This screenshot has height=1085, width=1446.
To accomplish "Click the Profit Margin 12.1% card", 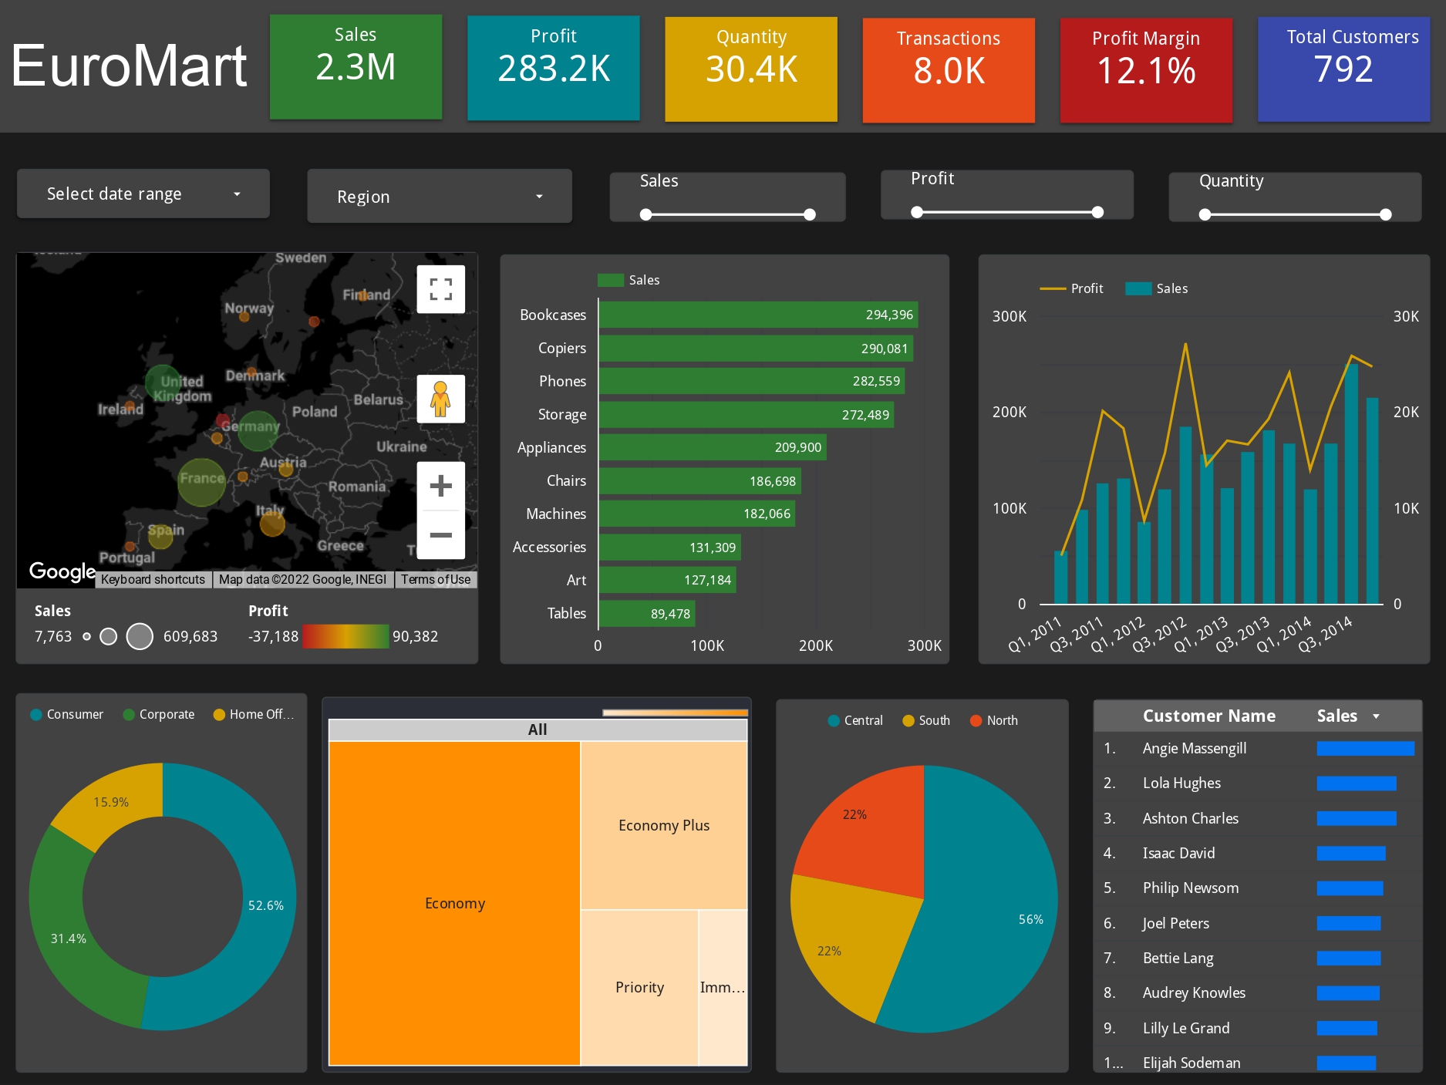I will tap(1146, 69).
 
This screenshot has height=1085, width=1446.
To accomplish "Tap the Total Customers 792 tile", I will tap(1343, 69).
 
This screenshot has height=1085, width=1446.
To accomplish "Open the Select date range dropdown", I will tap(143, 194).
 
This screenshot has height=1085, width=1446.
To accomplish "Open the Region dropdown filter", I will tap(440, 197).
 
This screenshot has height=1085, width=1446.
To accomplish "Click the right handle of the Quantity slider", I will tap(1385, 214).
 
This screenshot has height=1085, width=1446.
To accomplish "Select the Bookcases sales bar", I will tap(758, 315).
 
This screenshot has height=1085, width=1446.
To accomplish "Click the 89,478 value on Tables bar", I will tap(670, 614).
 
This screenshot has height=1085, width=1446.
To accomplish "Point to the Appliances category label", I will tap(551, 447).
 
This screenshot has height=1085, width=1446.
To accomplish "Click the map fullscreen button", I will tap(440, 289).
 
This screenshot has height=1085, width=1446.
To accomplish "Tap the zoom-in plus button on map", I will tap(440, 486).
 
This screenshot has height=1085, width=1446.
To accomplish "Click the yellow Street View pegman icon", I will tap(440, 399).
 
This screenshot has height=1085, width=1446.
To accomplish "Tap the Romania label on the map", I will tap(357, 487).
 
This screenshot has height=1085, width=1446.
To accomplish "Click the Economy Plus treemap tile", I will tap(663, 825).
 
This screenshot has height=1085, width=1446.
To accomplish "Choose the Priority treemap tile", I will tap(639, 987).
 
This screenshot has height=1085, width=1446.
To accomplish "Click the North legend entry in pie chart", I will tap(1001, 720).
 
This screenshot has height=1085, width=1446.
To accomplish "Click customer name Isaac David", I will tap(1178, 853).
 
